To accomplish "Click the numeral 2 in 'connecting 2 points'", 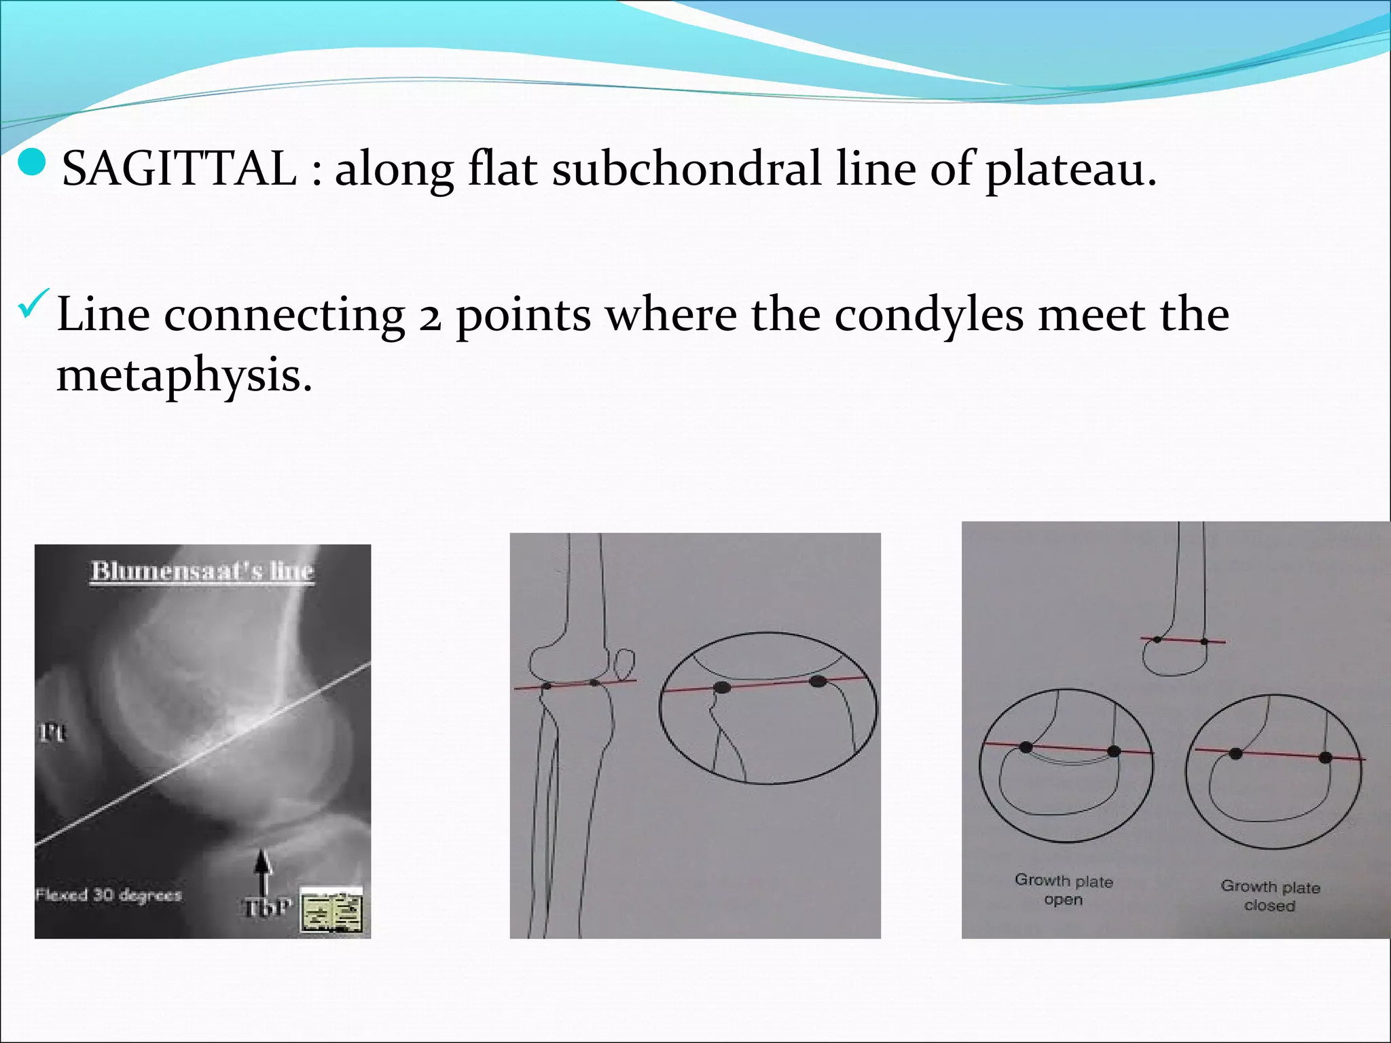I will point(430,316).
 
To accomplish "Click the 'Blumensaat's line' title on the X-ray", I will point(202,570).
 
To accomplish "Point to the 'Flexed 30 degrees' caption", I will point(109,895).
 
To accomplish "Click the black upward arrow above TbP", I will point(264,872).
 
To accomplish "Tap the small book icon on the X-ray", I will point(331,910).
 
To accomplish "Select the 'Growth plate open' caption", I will point(1064,890).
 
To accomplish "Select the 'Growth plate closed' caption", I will point(1269,896).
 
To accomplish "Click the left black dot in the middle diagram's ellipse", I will point(722,688).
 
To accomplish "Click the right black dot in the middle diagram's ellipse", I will point(818,680).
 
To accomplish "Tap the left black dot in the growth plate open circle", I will point(1026,748).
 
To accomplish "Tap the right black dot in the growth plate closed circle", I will point(1325,757).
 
